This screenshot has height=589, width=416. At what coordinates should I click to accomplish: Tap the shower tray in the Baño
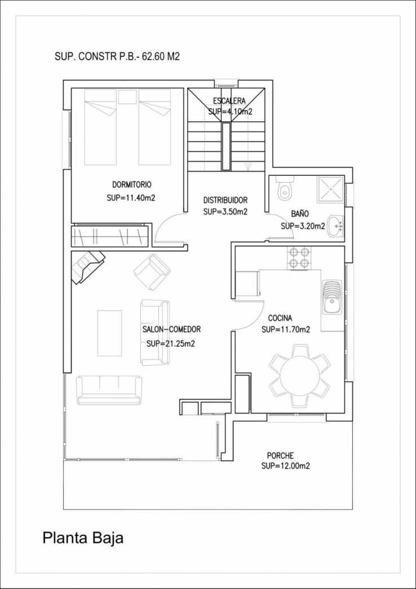(330, 189)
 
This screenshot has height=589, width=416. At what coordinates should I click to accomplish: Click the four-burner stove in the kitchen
(299, 258)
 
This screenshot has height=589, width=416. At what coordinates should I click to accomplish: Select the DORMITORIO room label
(131, 184)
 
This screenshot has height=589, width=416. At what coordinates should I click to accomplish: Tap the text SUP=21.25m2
(170, 343)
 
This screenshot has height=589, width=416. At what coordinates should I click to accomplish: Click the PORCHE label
(280, 455)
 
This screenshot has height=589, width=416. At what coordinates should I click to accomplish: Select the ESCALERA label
(229, 101)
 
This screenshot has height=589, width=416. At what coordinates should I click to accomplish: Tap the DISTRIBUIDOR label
(225, 200)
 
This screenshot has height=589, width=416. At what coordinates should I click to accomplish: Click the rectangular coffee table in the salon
(109, 333)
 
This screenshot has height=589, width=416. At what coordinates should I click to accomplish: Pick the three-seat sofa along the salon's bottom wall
(109, 389)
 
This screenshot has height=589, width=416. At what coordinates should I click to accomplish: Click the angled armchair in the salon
(152, 271)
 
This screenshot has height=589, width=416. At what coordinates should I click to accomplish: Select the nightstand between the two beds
(127, 97)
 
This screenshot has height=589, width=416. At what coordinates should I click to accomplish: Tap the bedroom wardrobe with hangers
(110, 235)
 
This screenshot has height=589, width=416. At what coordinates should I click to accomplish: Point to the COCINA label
(280, 317)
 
